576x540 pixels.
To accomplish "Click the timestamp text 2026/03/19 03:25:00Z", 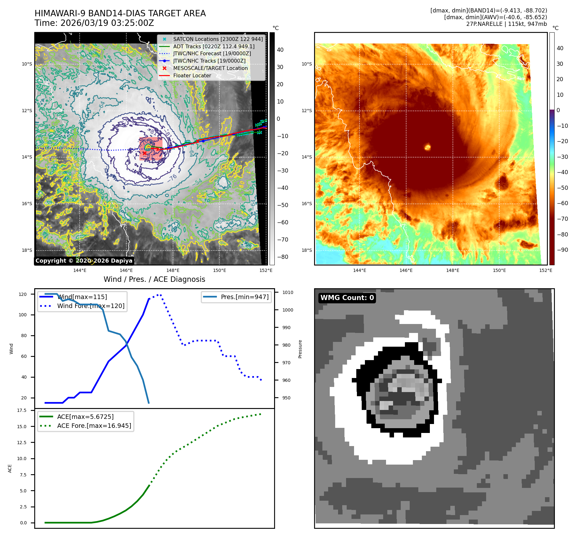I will [x=107, y=23].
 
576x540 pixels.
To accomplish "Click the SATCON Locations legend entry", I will [x=217, y=39].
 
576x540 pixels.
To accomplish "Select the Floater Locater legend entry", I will [x=192, y=76].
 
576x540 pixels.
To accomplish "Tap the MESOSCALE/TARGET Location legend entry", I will [x=210, y=68].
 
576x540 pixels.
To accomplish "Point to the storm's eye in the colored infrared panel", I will [x=428, y=147].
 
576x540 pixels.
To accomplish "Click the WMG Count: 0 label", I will [x=347, y=298].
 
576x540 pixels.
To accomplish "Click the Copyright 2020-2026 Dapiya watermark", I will [x=84, y=261].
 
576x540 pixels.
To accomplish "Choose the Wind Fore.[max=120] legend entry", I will [x=91, y=306].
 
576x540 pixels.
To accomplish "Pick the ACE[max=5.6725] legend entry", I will [x=85, y=417].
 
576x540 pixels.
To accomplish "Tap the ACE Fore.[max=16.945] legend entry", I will [x=94, y=426].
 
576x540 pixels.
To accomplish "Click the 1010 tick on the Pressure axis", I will [x=288, y=292].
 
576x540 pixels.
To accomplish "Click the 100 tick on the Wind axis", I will [x=23, y=315].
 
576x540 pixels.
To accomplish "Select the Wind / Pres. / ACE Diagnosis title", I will [x=154, y=280].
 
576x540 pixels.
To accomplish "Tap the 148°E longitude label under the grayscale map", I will [x=173, y=270].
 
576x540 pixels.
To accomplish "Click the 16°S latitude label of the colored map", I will [x=306, y=204].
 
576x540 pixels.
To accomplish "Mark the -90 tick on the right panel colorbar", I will [x=562, y=250].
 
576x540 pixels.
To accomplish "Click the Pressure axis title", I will [x=300, y=349].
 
